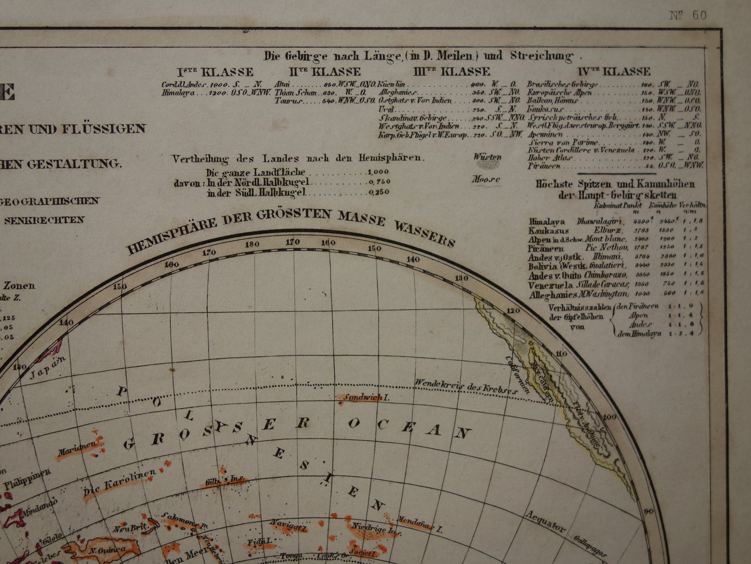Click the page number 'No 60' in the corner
[688, 15]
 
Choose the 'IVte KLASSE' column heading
[613, 71]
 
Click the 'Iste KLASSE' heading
[215, 72]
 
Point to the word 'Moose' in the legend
[485, 180]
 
